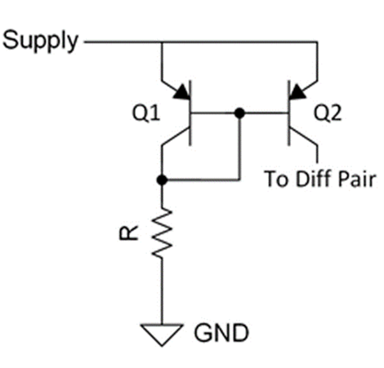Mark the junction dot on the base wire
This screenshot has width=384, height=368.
239,113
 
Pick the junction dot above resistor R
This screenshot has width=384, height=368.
163,179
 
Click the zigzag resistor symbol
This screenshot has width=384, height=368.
163,233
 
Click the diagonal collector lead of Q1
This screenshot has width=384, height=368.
175,136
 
